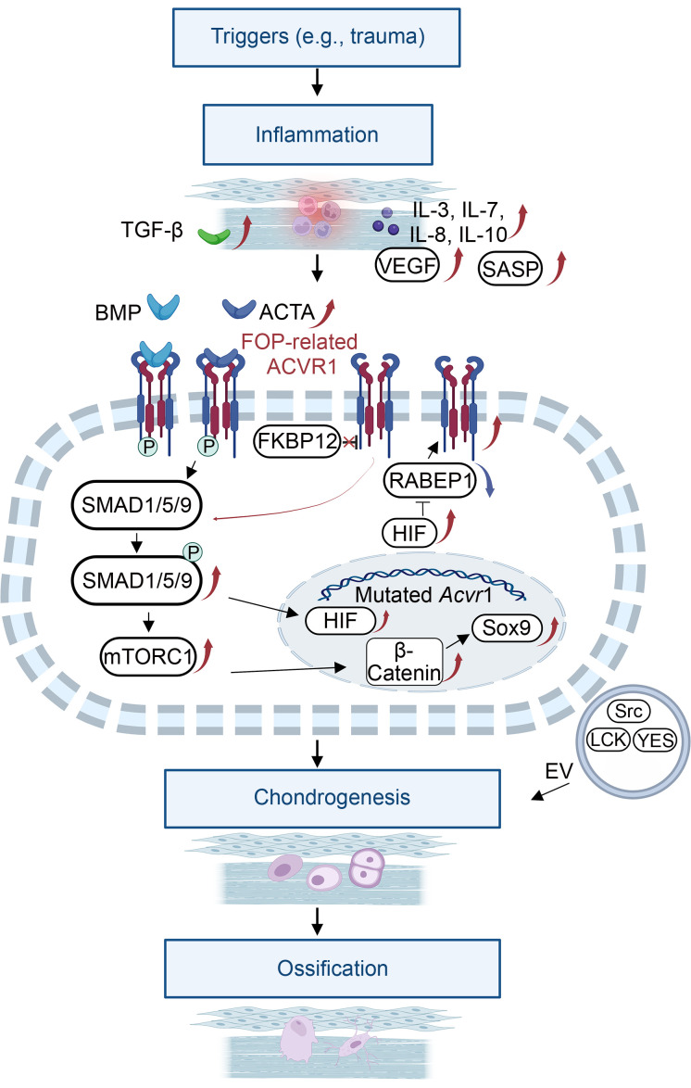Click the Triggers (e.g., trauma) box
coord(317,37)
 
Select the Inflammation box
coord(318,134)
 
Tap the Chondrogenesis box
coord(333,798)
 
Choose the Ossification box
coord(333,968)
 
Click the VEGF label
coord(408,265)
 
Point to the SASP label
coord(510,268)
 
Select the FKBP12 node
coord(297,441)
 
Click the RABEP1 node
coord(430,481)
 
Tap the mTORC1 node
coord(148,656)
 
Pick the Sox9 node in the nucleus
coord(508,628)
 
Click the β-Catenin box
coord(405,662)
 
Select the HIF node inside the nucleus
coord(340,620)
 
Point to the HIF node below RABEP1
coord(409,533)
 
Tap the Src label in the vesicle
coord(629,711)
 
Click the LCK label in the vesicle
coord(608,740)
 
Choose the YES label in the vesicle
coord(655,740)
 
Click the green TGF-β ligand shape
coord(214,236)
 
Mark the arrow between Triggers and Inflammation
coord(317,82)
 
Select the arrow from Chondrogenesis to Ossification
coord(317,921)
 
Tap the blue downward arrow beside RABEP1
coord(488,480)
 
